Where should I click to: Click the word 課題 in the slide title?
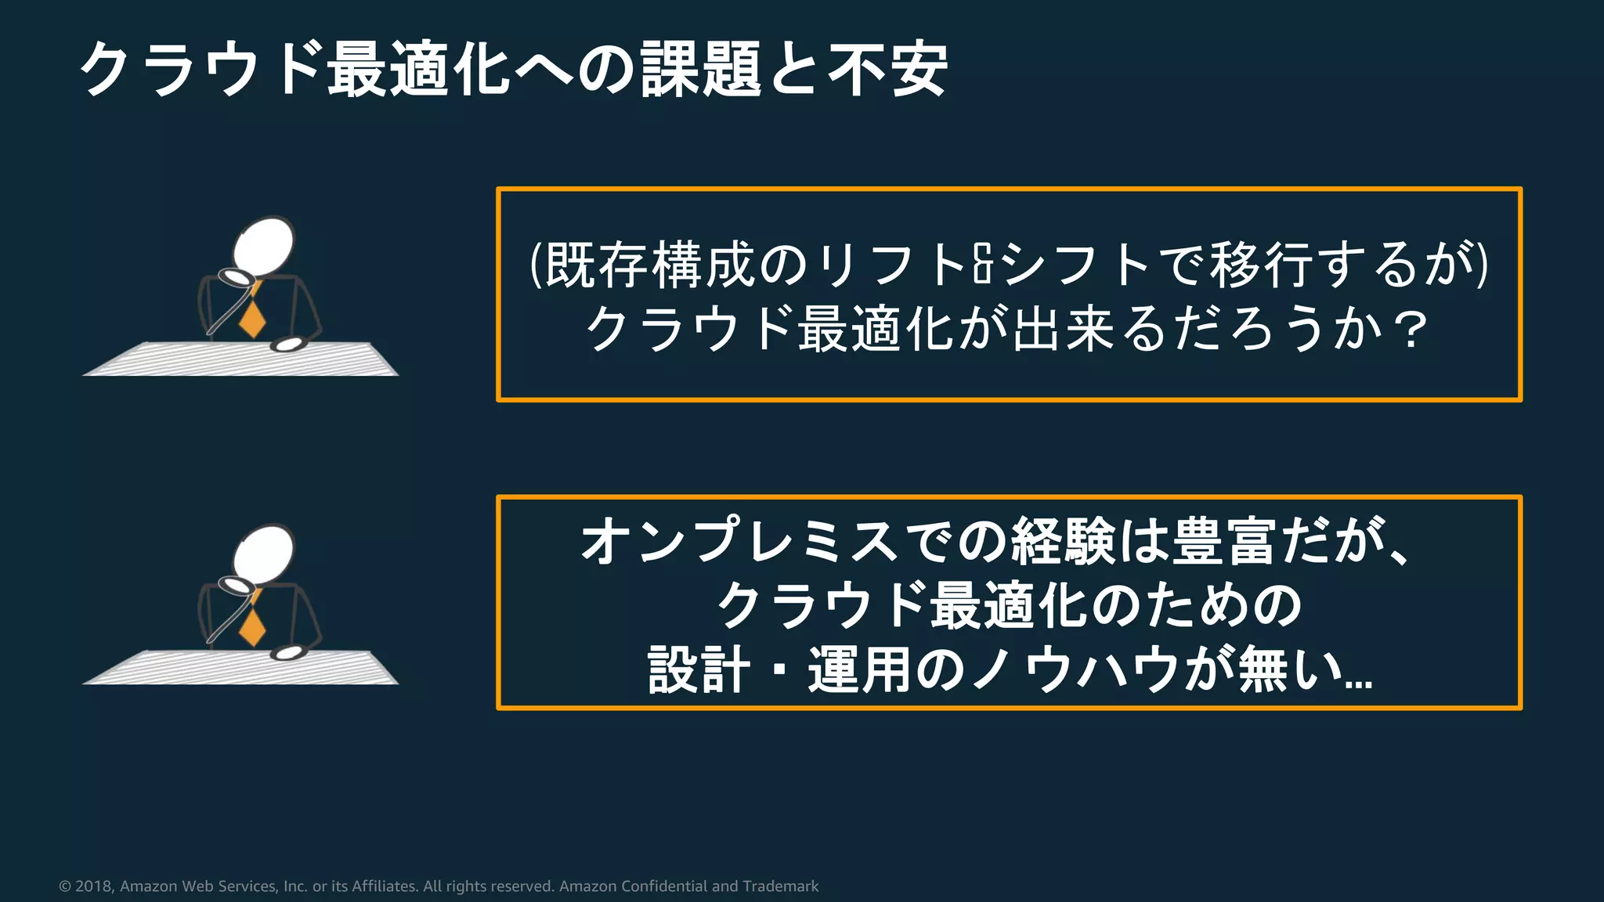coord(701,70)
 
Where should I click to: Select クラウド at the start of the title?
coord(200,70)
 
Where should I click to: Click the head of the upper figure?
coord(265,244)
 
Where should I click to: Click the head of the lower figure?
coord(265,552)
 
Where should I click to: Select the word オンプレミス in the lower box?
coord(739,541)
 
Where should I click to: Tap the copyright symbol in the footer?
coord(65,886)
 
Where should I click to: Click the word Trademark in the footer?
coord(780,886)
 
